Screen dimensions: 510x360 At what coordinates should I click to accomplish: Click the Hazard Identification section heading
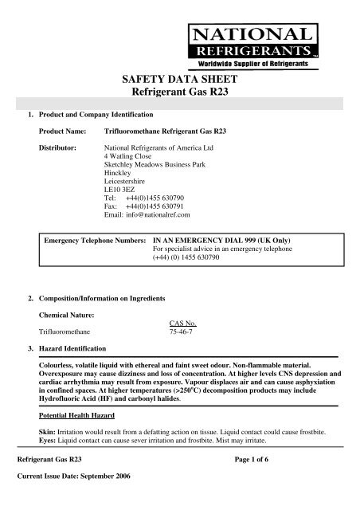[74, 350]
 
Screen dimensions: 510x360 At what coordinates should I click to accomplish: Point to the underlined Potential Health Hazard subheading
[76, 417]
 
